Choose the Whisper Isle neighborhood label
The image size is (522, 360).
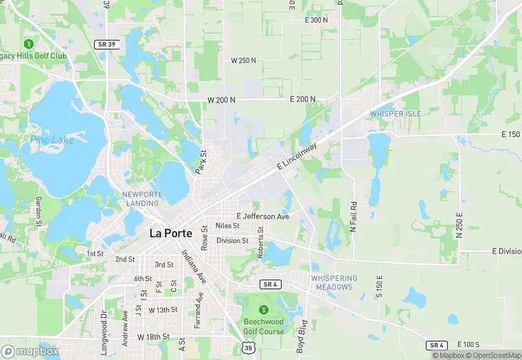[396, 113]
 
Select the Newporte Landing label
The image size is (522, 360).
[142, 199]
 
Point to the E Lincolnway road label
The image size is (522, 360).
[298, 157]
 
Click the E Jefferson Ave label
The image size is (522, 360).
[263, 216]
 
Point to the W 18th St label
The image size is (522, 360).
[153, 337]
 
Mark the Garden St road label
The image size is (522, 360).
[39, 211]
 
